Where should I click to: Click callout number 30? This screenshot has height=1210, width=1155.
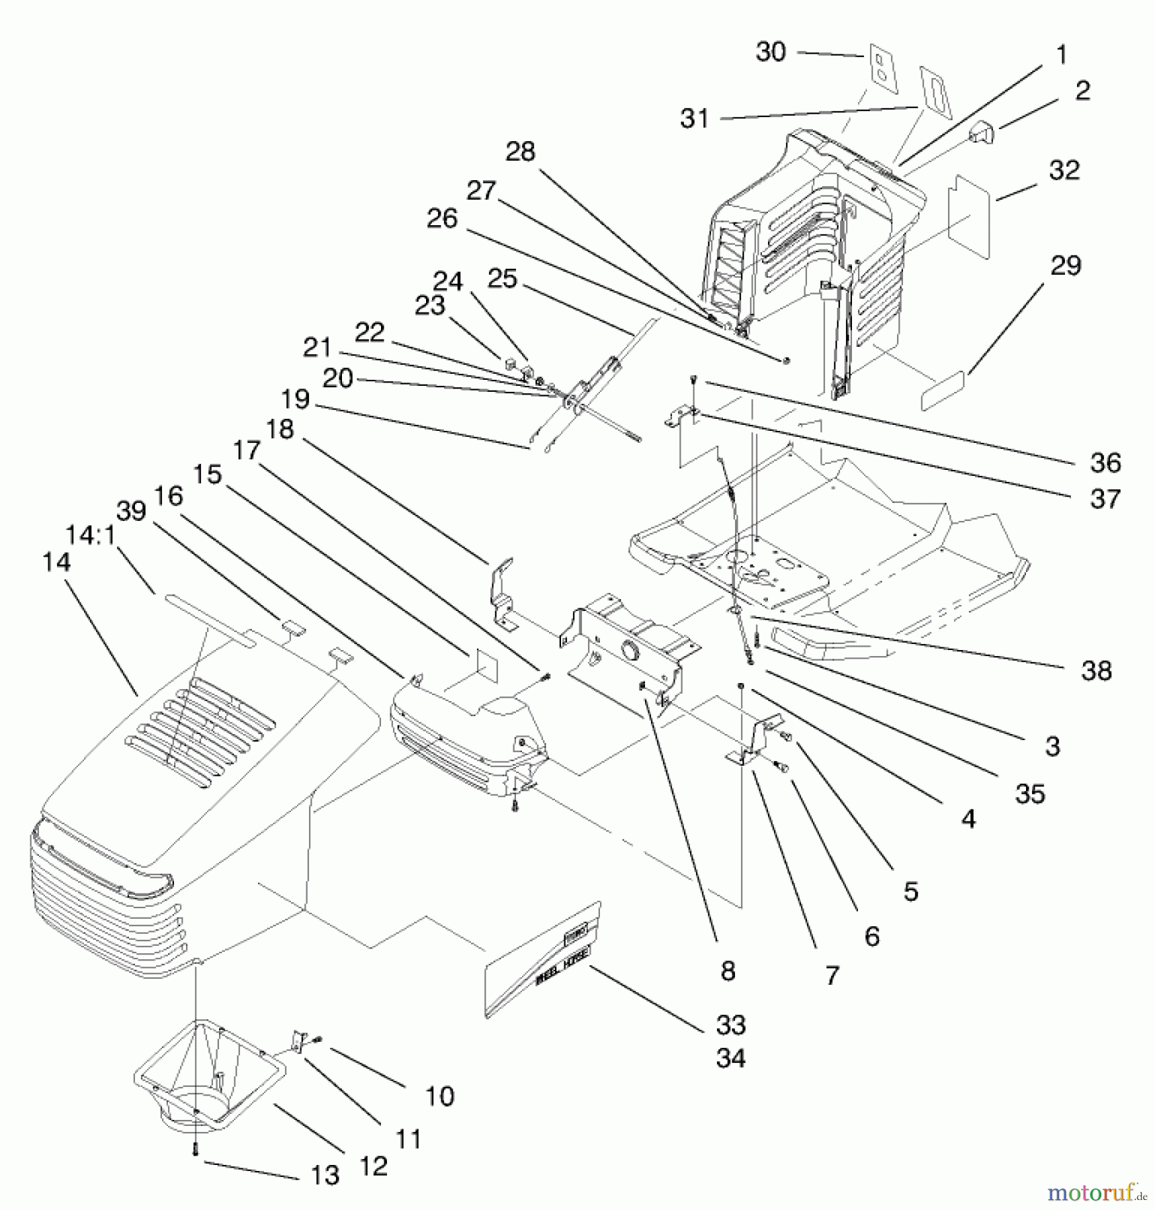click(x=770, y=52)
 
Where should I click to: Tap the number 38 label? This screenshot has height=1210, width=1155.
click(x=1096, y=670)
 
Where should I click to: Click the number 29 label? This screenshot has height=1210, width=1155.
click(x=1065, y=266)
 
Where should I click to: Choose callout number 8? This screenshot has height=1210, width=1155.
click(x=727, y=971)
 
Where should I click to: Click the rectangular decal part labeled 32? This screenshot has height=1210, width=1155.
click(x=969, y=216)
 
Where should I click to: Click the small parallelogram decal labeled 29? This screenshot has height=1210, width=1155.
click(x=942, y=390)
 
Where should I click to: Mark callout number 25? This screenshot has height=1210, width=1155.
click(x=502, y=278)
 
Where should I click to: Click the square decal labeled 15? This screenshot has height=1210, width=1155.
click(x=485, y=665)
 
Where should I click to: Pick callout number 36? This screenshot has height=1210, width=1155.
click(x=1105, y=462)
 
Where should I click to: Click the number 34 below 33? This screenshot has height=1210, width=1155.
click(x=730, y=1058)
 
